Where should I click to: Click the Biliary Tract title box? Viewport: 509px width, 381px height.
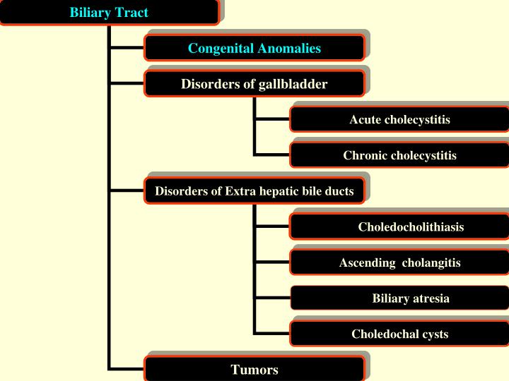(x=109, y=13)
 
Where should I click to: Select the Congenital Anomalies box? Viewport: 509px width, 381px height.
(x=255, y=48)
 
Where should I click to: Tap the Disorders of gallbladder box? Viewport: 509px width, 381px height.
(x=255, y=84)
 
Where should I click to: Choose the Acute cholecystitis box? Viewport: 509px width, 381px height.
(x=399, y=119)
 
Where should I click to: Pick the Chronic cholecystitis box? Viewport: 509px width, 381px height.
(x=399, y=155)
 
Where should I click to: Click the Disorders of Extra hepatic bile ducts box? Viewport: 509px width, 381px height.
(x=255, y=191)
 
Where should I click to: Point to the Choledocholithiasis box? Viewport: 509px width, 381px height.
(x=399, y=227)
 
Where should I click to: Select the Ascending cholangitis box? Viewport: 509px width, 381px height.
(x=399, y=262)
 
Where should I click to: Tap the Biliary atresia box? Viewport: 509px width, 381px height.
(x=399, y=298)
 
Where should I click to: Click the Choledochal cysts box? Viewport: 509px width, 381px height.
(x=399, y=334)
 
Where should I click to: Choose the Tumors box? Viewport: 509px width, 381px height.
(x=255, y=369)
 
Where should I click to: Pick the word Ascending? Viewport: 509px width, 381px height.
(x=367, y=262)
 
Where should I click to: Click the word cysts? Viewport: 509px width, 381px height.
(x=435, y=334)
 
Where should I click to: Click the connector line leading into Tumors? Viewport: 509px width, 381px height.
(x=127, y=368)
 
